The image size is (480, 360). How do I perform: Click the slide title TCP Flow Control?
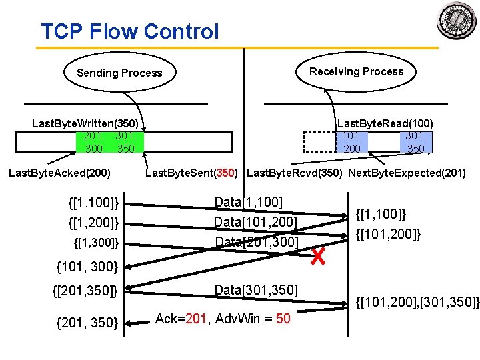tap(129, 31)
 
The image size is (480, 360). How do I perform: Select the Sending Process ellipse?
tap(119, 73)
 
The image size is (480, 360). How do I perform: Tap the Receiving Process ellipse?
tap(356, 71)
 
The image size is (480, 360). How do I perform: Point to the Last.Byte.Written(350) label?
tap(85, 123)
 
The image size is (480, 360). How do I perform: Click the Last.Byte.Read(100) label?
tap(385, 123)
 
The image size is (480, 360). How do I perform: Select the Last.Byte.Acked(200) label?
tap(59, 174)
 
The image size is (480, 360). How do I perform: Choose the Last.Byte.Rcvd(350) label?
tap(295, 174)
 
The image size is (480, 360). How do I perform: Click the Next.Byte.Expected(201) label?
tap(407, 174)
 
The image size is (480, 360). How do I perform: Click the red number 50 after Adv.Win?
tap(283, 319)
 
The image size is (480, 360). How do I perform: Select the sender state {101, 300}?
tap(87, 267)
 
